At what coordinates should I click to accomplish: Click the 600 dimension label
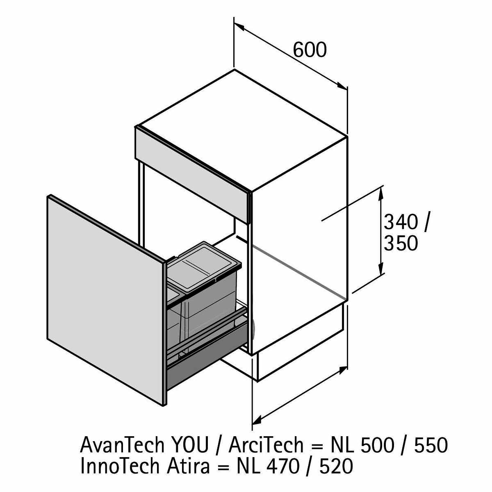pyautogui.click(x=310, y=50)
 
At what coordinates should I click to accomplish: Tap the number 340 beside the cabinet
pyautogui.click(x=401, y=223)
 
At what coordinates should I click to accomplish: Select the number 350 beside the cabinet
pyautogui.click(x=401, y=243)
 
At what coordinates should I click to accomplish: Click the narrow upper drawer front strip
pyautogui.click(x=193, y=172)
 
